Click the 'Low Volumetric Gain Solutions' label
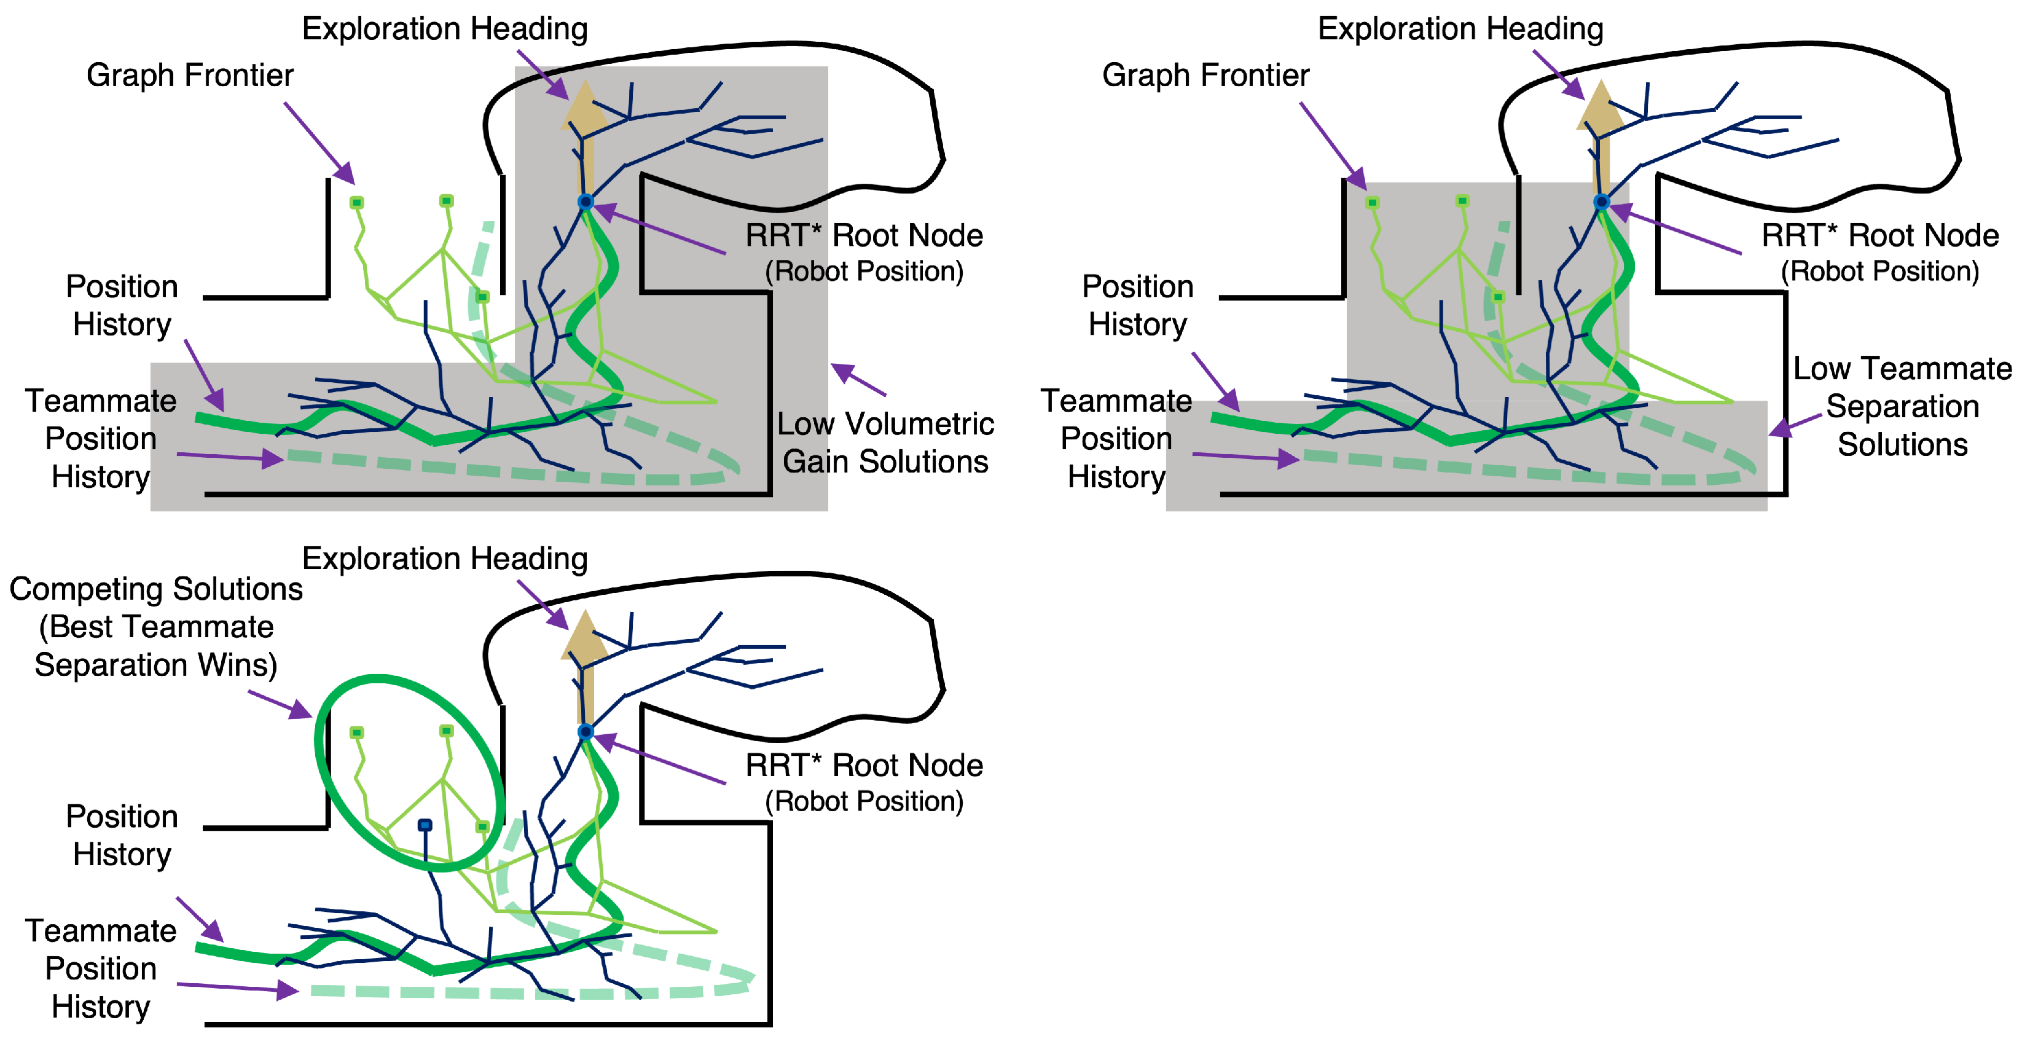click(885, 442)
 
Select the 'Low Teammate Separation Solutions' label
click(1902, 407)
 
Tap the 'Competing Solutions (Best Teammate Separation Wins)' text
click(155, 626)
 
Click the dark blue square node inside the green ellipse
click(425, 825)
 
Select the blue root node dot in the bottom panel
click(586, 732)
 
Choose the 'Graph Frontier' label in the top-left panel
click(190, 76)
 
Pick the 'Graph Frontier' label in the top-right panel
click(1205, 76)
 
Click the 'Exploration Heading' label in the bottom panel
click(445, 559)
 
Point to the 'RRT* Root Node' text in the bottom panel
click(864, 766)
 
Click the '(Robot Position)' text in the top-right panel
click(1880, 272)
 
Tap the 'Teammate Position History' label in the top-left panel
click(101, 439)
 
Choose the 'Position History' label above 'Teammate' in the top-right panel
click(1137, 305)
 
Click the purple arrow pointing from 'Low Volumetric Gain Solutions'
click(858, 379)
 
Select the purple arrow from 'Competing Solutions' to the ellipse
click(280, 704)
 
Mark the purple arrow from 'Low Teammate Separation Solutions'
click(1795, 425)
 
